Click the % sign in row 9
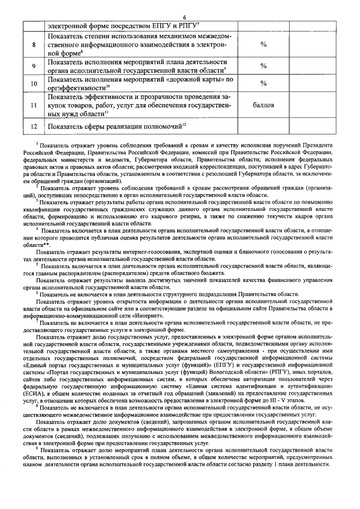pos(263,66)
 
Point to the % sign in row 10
pos(263,83)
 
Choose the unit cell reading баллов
pos(263,105)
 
